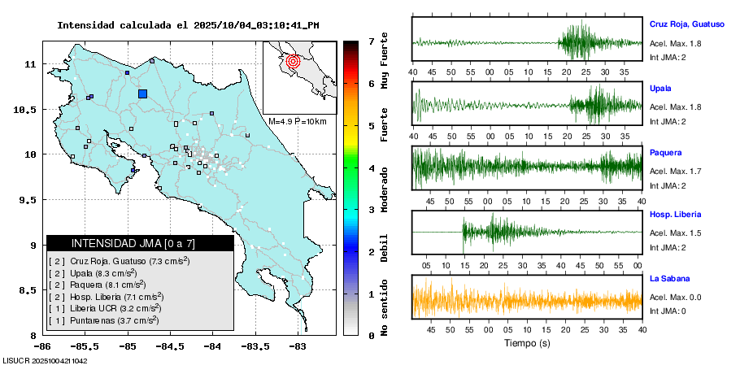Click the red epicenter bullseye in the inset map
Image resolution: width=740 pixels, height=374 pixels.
click(x=294, y=60)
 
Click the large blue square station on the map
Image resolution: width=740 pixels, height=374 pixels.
click(x=143, y=93)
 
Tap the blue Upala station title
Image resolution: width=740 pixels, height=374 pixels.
click(x=660, y=88)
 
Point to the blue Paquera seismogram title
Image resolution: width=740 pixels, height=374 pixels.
click(x=665, y=152)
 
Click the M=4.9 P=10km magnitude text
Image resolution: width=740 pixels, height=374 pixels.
click(x=297, y=121)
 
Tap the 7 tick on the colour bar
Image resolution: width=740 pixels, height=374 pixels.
click(x=371, y=41)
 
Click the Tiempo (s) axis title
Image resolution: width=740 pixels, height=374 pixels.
click(x=527, y=343)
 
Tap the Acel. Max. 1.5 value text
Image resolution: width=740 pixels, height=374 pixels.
click(x=675, y=233)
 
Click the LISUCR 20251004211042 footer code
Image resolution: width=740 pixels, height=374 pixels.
click(x=46, y=360)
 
